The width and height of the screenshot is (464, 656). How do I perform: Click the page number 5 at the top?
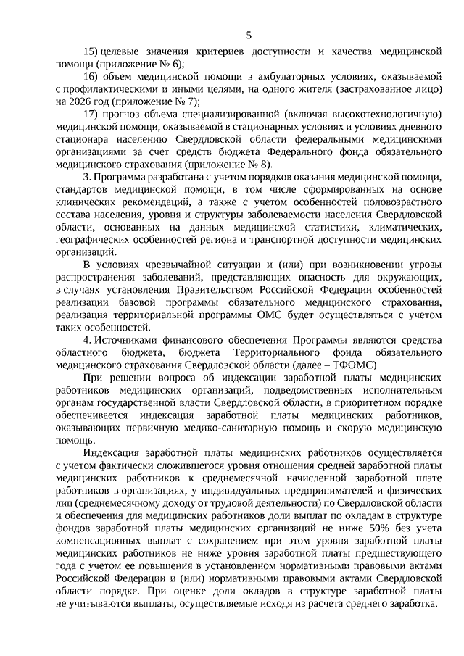point(249,35)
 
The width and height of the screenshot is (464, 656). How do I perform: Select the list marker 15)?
point(91,53)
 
